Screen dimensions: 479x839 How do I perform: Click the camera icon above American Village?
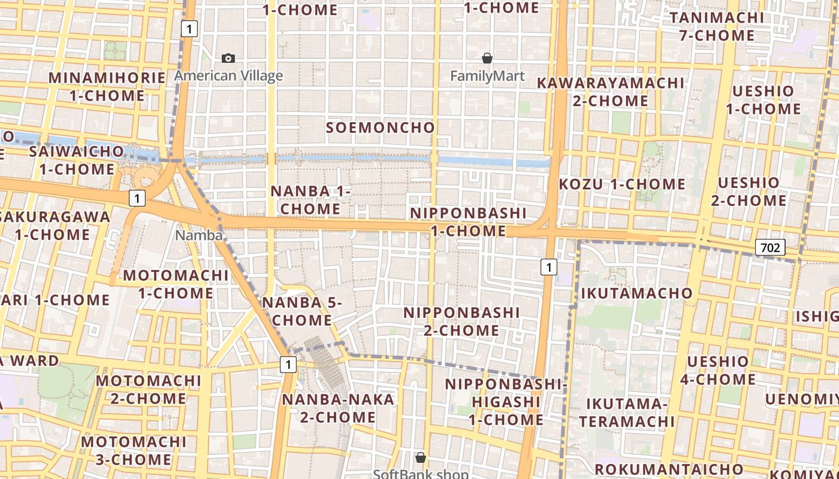pyautogui.click(x=228, y=58)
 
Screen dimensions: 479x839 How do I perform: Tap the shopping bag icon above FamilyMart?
pyautogui.click(x=487, y=58)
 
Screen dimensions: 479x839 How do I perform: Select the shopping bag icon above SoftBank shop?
pyautogui.click(x=421, y=457)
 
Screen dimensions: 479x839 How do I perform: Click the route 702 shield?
pyautogui.click(x=770, y=247)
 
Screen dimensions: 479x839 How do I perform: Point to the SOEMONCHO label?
pyautogui.click(x=380, y=128)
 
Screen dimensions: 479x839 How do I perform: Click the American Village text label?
pyautogui.click(x=228, y=76)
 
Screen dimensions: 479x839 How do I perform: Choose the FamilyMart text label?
pyautogui.click(x=487, y=76)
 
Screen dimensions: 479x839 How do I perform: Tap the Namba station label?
pyautogui.click(x=198, y=235)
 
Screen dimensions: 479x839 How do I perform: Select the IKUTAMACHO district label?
pyautogui.click(x=636, y=293)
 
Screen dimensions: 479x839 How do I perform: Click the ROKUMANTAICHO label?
pyautogui.click(x=669, y=469)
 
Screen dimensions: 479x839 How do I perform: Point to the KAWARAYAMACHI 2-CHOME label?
pyautogui.click(x=610, y=92)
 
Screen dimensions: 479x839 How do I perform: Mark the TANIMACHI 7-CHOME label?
pyautogui.click(x=717, y=26)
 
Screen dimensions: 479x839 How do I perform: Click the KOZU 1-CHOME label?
pyautogui.click(x=621, y=184)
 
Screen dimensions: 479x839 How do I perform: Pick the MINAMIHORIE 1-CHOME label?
pyautogui.click(x=107, y=87)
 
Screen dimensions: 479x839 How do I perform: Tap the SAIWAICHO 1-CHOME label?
pyautogui.click(x=77, y=160)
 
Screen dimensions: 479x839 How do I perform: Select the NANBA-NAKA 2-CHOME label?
pyautogui.click(x=338, y=408)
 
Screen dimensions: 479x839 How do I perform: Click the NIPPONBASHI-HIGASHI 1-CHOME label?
pyautogui.click(x=506, y=402)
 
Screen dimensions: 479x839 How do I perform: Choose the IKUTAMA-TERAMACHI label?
pyautogui.click(x=627, y=413)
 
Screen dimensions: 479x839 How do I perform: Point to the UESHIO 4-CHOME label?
pyautogui.click(x=717, y=371)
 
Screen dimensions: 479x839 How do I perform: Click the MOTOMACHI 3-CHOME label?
pyautogui.click(x=134, y=451)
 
